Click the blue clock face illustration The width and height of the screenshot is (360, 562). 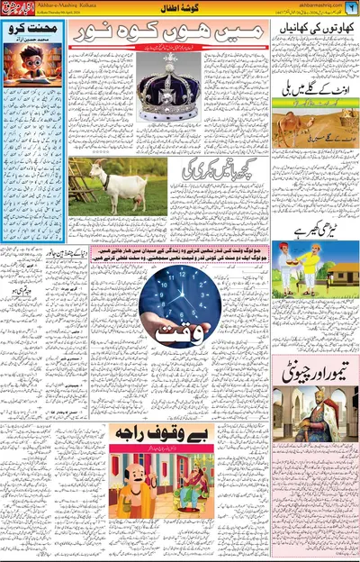click(x=181, y=293)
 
